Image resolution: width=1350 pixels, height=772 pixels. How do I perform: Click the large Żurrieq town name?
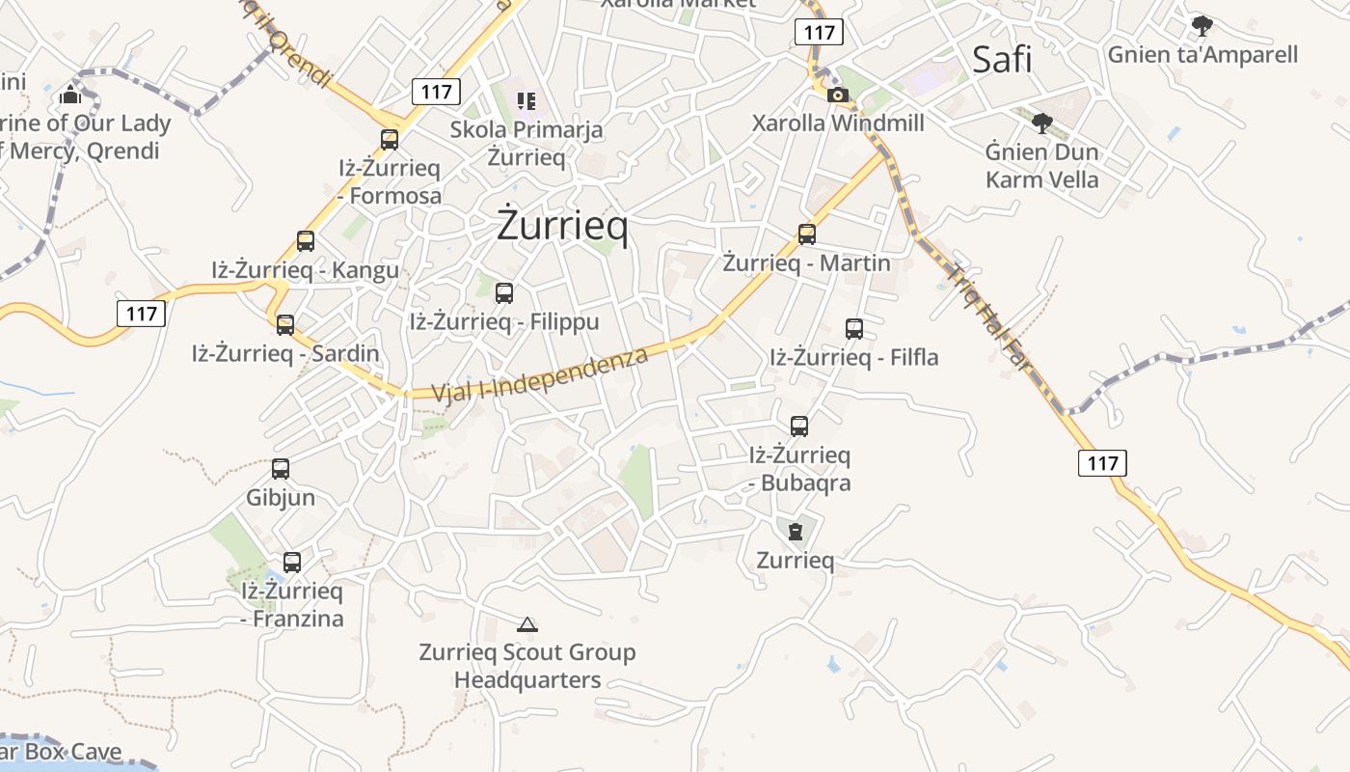tap(562, 226)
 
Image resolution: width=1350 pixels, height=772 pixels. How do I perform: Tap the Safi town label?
tap(1002, 60)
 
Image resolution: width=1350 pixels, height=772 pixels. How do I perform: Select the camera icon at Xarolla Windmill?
tap(838, 95)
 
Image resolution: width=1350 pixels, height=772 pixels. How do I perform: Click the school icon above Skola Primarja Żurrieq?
tap(526, 100)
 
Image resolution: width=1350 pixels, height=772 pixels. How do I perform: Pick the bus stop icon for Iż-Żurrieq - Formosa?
tap(390, 140)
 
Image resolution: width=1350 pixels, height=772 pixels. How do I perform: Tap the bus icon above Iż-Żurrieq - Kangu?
tap(306, 241)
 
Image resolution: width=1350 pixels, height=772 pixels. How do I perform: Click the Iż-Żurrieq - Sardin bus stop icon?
tap(285, 325)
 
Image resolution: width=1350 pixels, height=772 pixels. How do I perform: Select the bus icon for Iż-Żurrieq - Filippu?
tap(504, 293)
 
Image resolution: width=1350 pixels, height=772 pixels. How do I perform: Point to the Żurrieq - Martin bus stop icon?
tap(807, 234)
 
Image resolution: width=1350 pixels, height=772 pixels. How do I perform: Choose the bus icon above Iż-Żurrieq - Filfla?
tap(854, 329)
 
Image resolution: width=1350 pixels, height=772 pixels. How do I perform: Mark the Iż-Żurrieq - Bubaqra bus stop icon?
tap(799, 427)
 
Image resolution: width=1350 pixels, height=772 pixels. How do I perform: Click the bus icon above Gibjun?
tap(281, 469)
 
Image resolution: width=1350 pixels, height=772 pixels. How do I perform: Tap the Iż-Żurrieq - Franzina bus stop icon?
tap(292, 563)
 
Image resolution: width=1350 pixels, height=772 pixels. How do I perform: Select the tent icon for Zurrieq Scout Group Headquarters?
tap(526, 624)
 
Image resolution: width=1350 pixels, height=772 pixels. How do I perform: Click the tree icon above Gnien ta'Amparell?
tap(1201, 25)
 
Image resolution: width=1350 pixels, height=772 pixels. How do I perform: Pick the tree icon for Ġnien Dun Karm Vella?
tap(1041, 123)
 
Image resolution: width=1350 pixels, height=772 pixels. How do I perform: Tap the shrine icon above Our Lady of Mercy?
tap(70, 95)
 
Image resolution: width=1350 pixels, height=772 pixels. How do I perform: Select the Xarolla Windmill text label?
tap(838, 124)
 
